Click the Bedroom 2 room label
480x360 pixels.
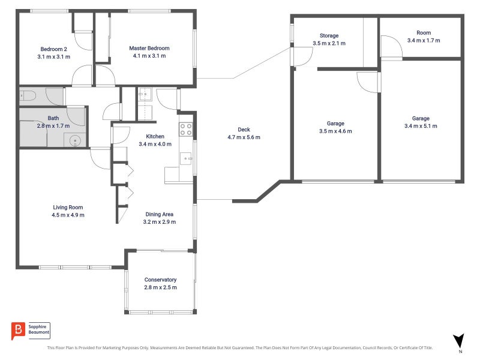54,49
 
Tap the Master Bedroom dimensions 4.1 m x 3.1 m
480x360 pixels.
149,56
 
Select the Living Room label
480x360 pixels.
68,207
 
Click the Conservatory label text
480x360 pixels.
160,280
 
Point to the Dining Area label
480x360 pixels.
159,214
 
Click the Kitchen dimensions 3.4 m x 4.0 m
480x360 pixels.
151,144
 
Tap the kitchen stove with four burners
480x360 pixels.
186,128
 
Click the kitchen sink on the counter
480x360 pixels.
187,159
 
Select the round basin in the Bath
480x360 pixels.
75,141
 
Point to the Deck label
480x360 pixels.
244,130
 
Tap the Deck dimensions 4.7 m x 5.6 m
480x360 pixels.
244,137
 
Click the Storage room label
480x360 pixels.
329,36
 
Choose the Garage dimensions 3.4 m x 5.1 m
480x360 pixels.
421,126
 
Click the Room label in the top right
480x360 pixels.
424,33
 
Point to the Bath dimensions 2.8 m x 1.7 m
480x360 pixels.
54,126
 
